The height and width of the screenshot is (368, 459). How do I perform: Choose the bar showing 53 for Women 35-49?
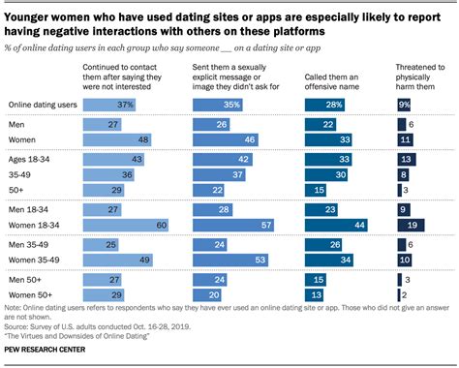tap(235, 261)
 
